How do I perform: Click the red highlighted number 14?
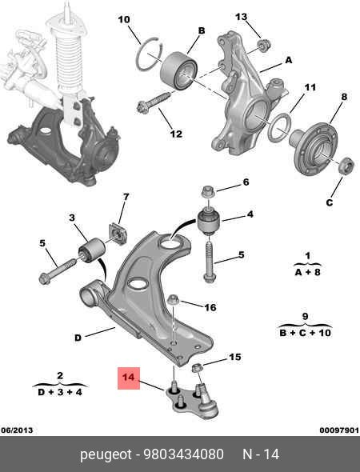point(129,378)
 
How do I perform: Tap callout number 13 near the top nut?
point(242,17)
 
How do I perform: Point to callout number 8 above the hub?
point(343,98)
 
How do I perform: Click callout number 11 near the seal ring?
point(310,87)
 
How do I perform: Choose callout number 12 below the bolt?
point(175,134)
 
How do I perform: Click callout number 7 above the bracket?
point(125,197)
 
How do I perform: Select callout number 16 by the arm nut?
point(210,307)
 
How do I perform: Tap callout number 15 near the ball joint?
point(234,357)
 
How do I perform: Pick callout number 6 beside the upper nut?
point(246,182)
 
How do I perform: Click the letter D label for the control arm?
point(78,337)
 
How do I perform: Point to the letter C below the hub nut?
point(328,202)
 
